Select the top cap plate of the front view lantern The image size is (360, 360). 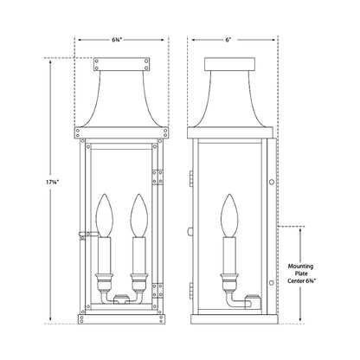pos(119,63)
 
